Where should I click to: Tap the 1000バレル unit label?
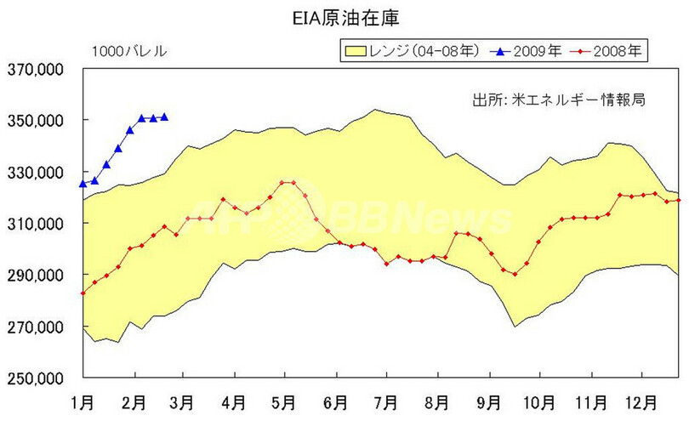point(129,52)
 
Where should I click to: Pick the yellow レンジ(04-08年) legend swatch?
point(355,52)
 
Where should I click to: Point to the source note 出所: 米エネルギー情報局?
point(557,100)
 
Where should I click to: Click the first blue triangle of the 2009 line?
point(83,183)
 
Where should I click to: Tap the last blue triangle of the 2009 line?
point(164,117)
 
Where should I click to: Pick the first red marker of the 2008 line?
point(83,293)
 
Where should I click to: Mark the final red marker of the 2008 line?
point(679,200)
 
